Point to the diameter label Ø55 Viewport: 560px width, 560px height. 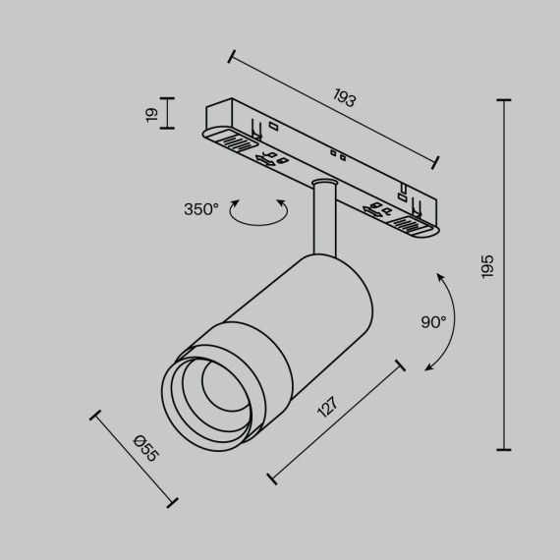point(145,450)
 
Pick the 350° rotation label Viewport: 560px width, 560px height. point(201,209)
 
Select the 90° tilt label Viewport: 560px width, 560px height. point(433,321)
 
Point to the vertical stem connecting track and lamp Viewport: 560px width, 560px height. point(321,222)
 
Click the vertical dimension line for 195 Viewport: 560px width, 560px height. point(505,274)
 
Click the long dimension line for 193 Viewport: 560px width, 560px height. point(332,108)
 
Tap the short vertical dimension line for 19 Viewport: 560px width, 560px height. point(168,113)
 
